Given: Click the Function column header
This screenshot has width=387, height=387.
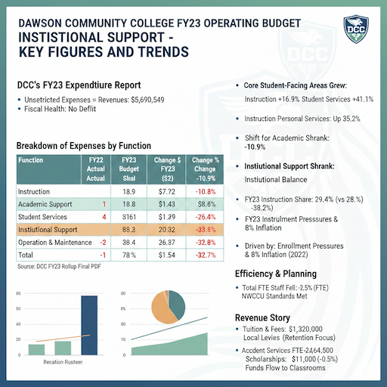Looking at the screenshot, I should coord(31,160).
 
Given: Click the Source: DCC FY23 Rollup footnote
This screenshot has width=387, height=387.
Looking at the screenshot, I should coord(63,266).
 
